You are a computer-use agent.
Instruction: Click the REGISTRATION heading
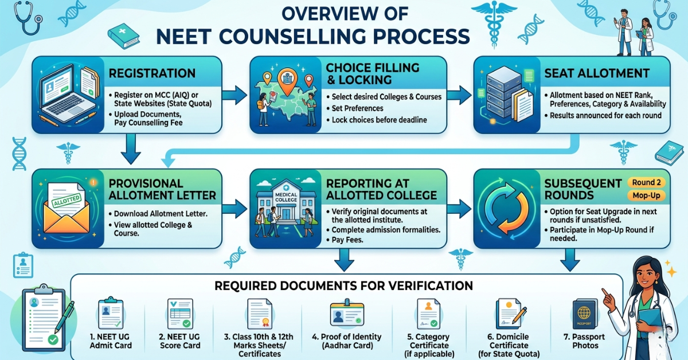click(151, 74)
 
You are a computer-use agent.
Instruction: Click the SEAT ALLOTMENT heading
click(597, 73)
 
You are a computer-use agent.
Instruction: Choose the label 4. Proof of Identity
click(347, 341)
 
